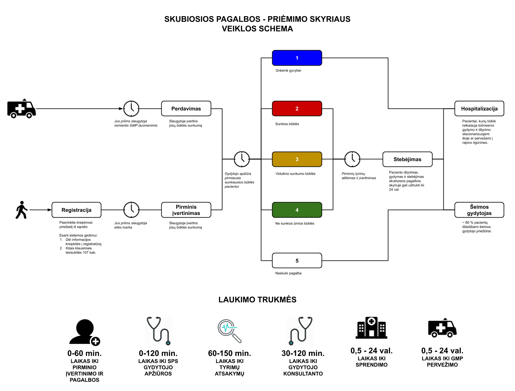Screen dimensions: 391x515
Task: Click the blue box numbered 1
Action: tap(297, 58)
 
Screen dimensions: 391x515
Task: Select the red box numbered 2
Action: tap(297, 108)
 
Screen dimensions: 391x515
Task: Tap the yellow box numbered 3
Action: tap(297, 159)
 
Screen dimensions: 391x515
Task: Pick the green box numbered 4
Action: tap(297, 210)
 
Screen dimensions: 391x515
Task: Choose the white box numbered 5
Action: tap(297, 260)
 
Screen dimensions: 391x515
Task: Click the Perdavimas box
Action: tap(186, 108)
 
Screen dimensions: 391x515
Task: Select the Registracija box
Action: tap(76, 210)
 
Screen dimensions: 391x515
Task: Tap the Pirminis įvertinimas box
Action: tap(186, 210)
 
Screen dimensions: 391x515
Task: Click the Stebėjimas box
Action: tap(407, 159)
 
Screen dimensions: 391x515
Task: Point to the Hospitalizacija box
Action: tap(479, 108)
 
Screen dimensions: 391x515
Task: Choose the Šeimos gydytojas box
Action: tap(479, 210)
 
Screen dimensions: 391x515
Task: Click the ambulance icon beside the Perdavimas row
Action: tap(21, 108)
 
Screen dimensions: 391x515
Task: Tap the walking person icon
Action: tap(22, 210)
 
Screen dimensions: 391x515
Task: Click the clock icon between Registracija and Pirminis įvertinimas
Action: tap(131, 210)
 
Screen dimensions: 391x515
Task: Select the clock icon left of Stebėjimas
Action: tap(352, 159)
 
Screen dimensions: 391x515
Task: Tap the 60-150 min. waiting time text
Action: tap(229, 353)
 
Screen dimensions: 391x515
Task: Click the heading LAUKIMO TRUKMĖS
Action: tap(257, 300)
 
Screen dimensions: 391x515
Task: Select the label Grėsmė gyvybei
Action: tap(288, 71)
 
